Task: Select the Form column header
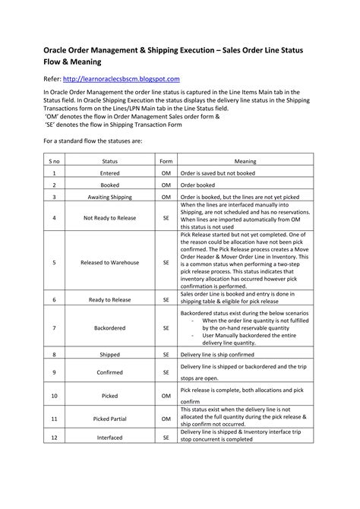pos(166,161)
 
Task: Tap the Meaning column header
pos(245,161)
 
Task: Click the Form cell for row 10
pos(166,396)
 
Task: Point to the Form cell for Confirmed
pos(166,372)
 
